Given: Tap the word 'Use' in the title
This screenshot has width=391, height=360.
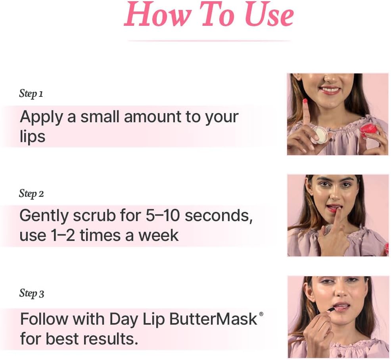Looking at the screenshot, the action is click(x=269, y=15).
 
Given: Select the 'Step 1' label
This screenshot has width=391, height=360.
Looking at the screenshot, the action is click(x=31, y=94).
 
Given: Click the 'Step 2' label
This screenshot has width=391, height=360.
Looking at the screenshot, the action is click(x=31, y=194).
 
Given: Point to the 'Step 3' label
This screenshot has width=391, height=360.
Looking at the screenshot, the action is click(x=32, y=293).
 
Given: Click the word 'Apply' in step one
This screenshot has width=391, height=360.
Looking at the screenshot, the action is click(x=41, y=117).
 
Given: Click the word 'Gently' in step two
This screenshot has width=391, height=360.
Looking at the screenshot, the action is click(x=44, y=216).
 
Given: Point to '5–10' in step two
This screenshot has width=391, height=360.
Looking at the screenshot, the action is click(x=163, y=216).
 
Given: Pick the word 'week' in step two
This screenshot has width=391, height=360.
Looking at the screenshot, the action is click(x=159, y=235).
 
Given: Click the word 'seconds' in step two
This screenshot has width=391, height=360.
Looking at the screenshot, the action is click(x=218, y=216).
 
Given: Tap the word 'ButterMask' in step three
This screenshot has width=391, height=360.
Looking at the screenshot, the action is click(x=213, y=319).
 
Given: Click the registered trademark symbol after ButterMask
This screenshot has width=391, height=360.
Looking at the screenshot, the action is click(x=261, y=314).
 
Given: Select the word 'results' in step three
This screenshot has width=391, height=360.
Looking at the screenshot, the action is click(x=111, y=339).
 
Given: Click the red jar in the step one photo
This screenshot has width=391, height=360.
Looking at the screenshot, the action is click(x=370, y=133).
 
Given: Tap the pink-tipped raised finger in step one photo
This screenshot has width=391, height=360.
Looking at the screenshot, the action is click(x=305, y=112).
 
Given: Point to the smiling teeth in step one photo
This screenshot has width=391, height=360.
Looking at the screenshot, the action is click(x=330, y=89).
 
